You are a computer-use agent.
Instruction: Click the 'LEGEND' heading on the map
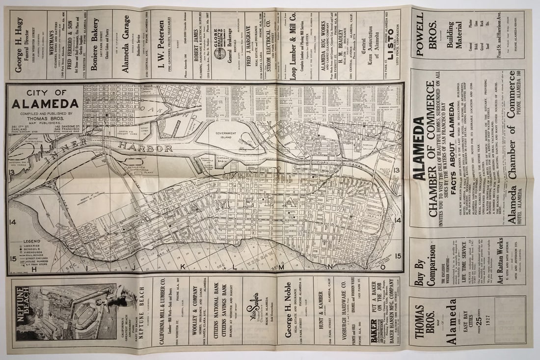point(31,241)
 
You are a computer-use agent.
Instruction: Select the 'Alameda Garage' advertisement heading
point(126,44)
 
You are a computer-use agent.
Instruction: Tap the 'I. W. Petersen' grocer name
point(160,45)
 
